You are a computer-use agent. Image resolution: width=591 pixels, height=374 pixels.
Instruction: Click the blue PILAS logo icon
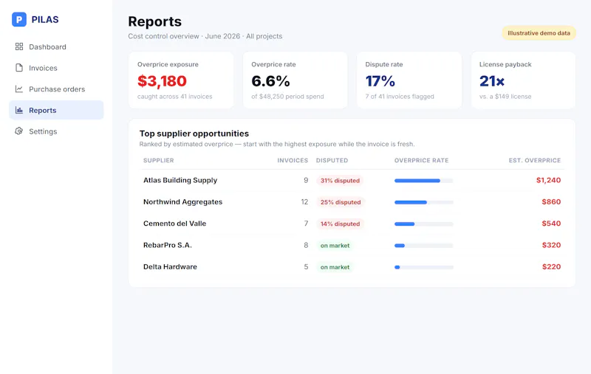(19, 20)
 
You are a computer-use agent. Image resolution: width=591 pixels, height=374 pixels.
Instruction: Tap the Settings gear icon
(19, 131)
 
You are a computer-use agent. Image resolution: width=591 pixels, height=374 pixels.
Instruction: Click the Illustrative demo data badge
(539, 33)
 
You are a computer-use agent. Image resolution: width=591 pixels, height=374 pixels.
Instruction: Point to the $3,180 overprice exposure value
(162, 81)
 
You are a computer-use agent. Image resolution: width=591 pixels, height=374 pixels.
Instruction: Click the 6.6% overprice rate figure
(270, 81)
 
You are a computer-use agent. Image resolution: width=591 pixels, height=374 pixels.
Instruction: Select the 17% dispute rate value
(380, 81)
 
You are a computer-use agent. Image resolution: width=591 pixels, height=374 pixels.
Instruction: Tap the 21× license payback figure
(492, 81)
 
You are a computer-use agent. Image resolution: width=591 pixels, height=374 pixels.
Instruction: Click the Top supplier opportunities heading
(194, 134)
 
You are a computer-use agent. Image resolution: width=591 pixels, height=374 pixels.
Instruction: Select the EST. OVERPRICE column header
(534, 160)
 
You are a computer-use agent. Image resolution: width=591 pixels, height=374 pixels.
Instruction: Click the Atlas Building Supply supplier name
(180, 180)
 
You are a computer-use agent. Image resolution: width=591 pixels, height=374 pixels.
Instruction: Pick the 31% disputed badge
(340, 181)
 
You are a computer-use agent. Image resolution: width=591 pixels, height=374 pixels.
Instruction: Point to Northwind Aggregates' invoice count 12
(304, 202)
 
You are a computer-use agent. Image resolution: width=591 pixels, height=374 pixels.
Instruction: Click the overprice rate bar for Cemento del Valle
(423, 224)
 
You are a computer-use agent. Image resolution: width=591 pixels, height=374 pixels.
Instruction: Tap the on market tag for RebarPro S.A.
(335, 246)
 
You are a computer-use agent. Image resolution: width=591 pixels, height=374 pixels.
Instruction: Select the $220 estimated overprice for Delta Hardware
(551, 267)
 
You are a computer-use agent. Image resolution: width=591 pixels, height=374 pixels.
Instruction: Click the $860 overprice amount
(551, 202)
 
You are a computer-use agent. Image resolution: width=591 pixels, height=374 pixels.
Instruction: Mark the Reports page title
(155, 21)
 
